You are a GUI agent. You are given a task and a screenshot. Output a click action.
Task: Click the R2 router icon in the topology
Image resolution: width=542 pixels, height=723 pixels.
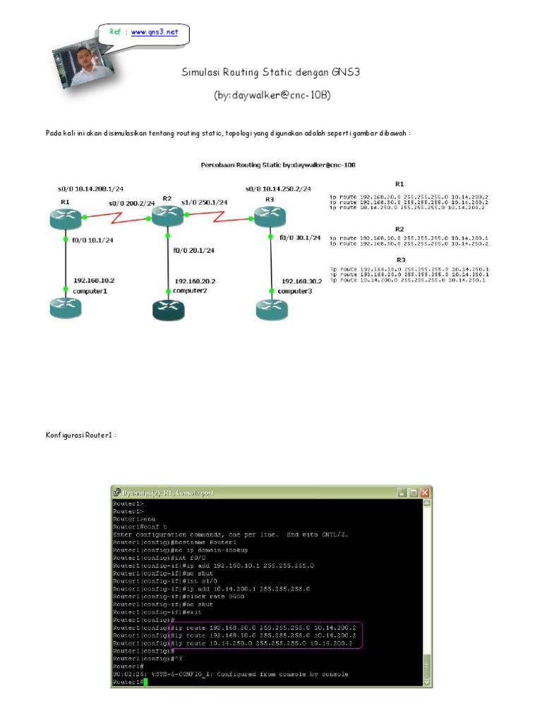pyautogui.click(x=168, y=215)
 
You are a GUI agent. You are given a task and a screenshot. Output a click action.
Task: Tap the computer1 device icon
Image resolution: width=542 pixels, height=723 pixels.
pyautogui.click(x=66, y=308)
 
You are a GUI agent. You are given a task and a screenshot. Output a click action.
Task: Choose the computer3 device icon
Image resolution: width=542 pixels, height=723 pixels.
pyautogui.click(x=272, y=309)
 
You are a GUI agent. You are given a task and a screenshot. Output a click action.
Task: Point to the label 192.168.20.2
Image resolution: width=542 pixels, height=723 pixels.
pyautogui.click(x=195, y=281)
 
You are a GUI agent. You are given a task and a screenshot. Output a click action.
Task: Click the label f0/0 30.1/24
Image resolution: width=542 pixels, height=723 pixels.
pyautogui.click(x=300, y=238)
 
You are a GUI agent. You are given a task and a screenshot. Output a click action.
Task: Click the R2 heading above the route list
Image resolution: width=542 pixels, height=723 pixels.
pyautogui.click(x=399, y=229)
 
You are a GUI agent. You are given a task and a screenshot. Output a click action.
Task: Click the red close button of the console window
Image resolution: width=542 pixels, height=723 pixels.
pyautogui.click(x=424, y=492)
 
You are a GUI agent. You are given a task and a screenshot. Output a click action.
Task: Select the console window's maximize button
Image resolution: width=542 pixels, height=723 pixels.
pyautogui.click(x=413, y=492)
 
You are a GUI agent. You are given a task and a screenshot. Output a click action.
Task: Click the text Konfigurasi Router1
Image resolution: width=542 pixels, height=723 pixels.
pyautogui.click(x=80, y=436)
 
